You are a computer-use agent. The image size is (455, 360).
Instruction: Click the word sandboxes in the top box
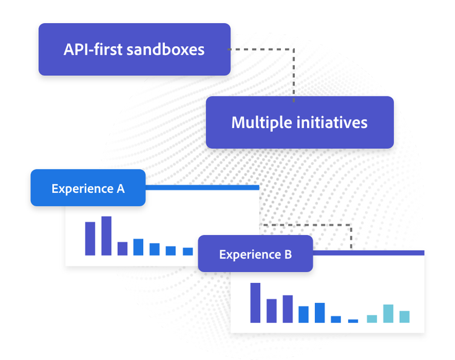166,49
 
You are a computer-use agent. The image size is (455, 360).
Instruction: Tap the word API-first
93,49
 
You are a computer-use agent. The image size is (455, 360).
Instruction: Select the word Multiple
261,123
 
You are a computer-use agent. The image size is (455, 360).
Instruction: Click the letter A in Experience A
121,189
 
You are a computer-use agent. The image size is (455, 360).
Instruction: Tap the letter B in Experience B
288,254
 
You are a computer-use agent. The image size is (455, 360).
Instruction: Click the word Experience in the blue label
83,189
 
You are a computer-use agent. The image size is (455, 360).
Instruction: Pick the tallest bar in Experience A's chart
106,236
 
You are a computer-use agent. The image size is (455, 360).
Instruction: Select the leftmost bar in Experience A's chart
90,239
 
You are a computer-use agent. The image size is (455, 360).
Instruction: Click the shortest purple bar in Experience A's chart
123,249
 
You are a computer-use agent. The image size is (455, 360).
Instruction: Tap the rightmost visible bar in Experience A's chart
187,251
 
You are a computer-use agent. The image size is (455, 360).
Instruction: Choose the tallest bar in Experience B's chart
255,303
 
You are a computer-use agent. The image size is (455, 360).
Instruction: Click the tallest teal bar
388,313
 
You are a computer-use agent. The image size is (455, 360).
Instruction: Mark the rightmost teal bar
405,317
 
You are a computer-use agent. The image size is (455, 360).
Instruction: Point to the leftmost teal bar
372,319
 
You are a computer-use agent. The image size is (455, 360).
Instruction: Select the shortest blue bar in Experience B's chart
353,321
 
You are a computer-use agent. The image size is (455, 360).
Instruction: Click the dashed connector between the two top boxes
294,50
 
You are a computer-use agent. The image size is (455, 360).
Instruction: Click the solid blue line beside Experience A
202,188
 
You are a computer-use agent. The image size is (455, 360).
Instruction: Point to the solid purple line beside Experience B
368,253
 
